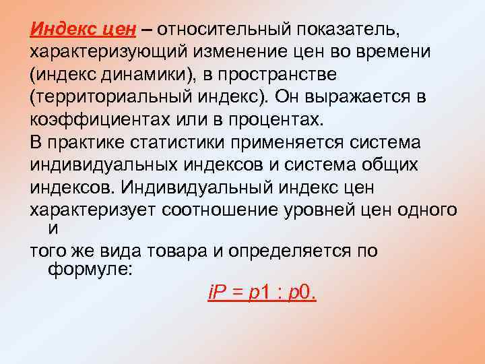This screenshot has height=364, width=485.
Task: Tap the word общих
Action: pos(395,164)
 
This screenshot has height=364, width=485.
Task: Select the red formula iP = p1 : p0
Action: pos(261,293)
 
